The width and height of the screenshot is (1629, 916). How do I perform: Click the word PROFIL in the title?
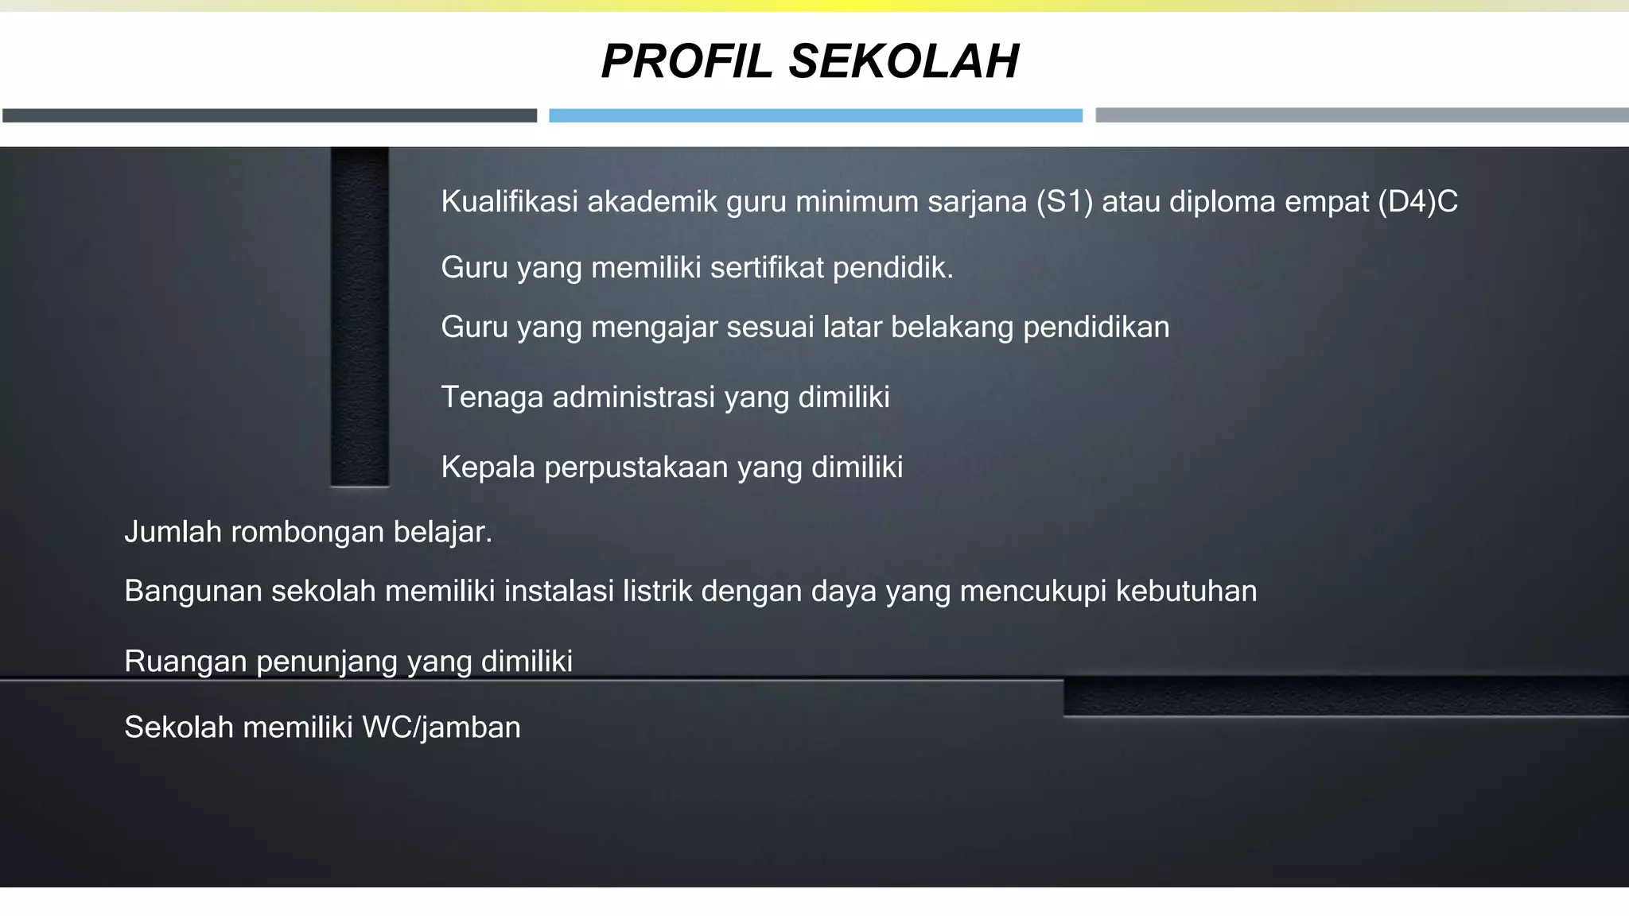pos(686,61)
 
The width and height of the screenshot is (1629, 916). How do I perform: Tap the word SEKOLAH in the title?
pos(904,61)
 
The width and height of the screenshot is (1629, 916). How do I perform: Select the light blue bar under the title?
pos(815,115)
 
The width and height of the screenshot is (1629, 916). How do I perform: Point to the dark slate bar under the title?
pos(270,115)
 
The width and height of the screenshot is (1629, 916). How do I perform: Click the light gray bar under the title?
pos(1362,115)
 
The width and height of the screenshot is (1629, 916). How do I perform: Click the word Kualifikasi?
pos(509,202)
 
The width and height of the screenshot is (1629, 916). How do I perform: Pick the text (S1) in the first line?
pos(1064,202)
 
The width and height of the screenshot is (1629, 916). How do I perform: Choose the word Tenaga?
pos(492,397)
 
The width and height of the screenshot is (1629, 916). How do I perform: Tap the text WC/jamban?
pos(441,728)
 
